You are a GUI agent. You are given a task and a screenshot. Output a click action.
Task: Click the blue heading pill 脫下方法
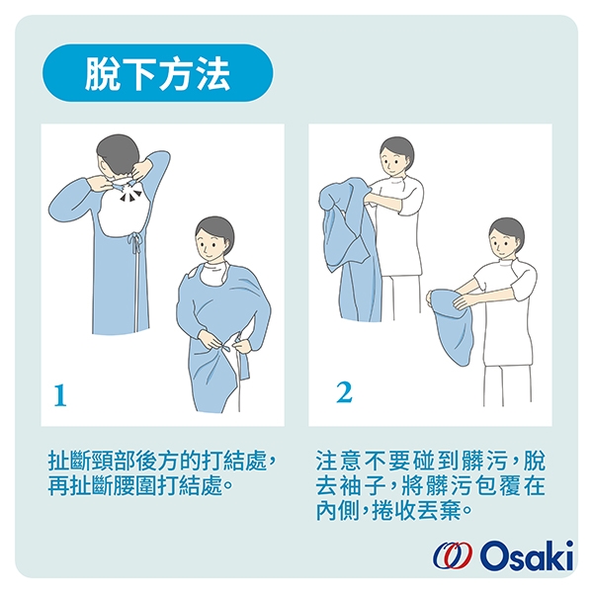click(157, 73)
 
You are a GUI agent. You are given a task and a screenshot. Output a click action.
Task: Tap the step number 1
click(60, 395)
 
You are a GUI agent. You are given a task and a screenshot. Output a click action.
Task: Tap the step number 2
click(344, 392)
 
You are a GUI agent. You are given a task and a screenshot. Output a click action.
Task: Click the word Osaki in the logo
click(527, 555)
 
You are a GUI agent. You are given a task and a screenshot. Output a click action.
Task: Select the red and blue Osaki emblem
click(453, 555)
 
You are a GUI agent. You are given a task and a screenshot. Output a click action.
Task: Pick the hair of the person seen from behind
click(118, 153)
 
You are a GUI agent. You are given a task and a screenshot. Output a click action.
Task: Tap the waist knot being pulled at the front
click(228, 345)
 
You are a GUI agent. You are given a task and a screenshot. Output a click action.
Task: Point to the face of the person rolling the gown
click(502, 242)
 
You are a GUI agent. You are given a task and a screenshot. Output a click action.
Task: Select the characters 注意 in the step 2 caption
click(338, 461)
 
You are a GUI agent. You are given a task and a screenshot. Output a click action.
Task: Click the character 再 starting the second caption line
click(58, 485)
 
